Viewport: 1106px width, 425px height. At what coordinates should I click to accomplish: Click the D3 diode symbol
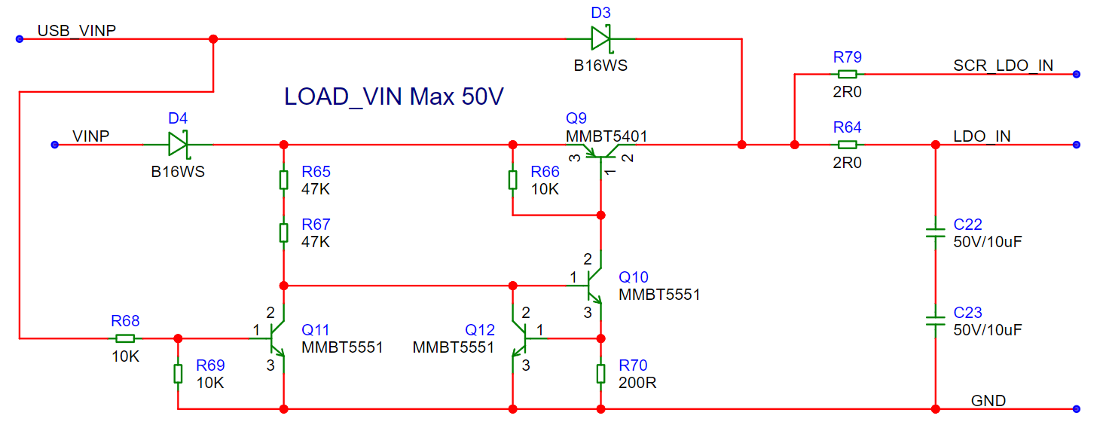tap(601, 38)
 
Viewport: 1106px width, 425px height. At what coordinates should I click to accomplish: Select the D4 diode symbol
tap(179, 145)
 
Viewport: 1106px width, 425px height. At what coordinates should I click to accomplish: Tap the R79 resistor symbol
tap(848, 74)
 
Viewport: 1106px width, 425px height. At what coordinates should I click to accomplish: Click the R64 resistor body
tap(848, 145)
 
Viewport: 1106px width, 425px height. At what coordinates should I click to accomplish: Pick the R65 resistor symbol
tap(283, 180)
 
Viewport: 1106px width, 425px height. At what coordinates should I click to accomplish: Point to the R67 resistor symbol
tap(283, 233)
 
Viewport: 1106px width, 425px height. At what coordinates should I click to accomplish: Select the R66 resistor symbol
tap(512, 180)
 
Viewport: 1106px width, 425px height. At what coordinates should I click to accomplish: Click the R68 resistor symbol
tap(125, 338)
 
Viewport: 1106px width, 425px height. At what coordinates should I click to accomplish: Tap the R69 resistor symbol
tap(178, 374)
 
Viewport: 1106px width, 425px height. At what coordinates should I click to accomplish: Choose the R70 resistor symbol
tap(600, 374)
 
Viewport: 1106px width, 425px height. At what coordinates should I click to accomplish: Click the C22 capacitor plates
tap(935, 233)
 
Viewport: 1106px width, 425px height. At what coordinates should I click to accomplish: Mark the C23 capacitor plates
tap(935, 321)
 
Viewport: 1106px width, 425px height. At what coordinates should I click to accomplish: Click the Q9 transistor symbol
tap(601, 155)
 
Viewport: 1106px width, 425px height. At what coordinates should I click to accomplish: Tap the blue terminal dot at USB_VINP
tap(20, 39)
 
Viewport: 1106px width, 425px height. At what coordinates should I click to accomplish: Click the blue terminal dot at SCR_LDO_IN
tap(1077, 75)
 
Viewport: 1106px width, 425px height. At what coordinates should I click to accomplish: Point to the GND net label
tap(988, 400)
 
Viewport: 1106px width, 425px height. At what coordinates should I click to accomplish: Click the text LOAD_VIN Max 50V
tap(393, 96)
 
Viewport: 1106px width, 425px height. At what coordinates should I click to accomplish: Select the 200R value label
tap(637, 383)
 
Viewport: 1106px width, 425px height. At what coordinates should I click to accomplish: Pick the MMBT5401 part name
tap(606, 136)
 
